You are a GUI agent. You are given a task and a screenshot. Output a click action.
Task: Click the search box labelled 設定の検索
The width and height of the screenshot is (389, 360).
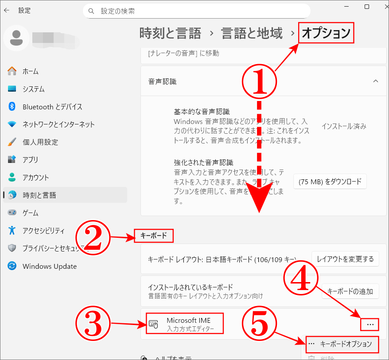point(196,11)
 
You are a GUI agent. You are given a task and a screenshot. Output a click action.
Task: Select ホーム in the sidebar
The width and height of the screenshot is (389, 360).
point(31,71)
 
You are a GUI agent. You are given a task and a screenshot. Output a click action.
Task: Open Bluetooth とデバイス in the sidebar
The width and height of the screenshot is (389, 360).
point(52,107)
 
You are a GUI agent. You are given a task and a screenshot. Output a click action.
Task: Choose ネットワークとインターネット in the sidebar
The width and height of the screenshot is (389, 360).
point(58,124)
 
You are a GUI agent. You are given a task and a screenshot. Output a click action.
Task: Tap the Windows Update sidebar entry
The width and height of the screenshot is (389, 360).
point(49,266)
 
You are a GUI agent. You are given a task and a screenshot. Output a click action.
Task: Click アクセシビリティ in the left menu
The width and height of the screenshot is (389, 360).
point(43,231)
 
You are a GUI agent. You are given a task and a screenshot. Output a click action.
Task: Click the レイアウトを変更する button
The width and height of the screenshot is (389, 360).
point(345,259)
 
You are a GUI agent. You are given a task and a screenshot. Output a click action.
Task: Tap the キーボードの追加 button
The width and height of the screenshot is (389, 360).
point(350,291)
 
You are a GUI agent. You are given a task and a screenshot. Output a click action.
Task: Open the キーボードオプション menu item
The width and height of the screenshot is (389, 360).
point(342,344)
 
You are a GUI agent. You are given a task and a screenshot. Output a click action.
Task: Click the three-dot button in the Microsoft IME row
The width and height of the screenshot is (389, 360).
point(370,325)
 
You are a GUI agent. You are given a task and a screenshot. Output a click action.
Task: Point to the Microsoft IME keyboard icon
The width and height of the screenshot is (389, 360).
point(153,325)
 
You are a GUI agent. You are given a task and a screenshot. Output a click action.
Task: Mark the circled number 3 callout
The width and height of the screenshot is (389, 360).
point(93,323)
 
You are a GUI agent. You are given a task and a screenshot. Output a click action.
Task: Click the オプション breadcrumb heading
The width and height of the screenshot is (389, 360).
point(326,33)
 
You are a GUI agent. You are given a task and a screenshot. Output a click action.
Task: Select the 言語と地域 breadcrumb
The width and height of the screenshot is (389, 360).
point(251,33)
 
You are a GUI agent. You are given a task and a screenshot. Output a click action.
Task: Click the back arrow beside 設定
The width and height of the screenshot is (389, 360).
point(7,11)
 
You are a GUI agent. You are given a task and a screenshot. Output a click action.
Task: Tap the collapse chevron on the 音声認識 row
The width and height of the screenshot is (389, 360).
point(376,81)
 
